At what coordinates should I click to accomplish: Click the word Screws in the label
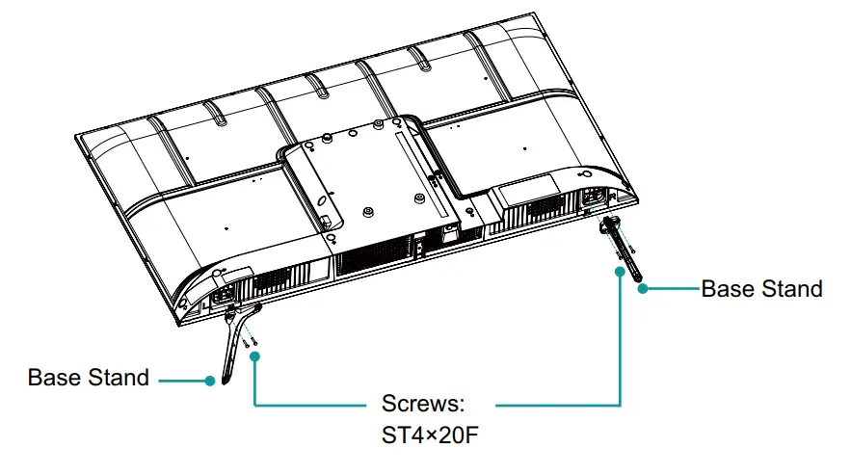coord(424,403)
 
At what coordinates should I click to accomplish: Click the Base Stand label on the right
coord(761,289)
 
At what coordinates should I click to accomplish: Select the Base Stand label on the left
coord(89,378)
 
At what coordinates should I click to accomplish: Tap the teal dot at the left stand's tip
coord(210,380)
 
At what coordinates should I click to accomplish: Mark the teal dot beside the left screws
coord(255,356)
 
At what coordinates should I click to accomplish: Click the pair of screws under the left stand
coord(250,335)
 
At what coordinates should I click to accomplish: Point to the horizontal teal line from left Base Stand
coord(183,380)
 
